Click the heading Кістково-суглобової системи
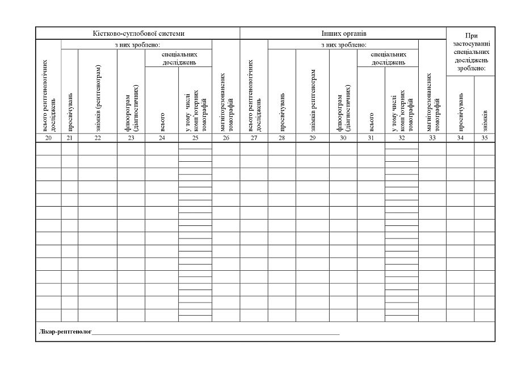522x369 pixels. tap(138, 33)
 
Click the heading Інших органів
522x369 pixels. tap(343, 33)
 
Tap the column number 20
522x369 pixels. tap(49, 137)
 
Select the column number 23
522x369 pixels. tap(131, 137)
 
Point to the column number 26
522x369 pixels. tap(226, 137)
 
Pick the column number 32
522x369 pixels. tap(402, 137)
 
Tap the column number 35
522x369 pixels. tap(484, 137)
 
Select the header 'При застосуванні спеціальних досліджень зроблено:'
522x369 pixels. tap(470, 52)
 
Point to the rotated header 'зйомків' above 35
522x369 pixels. tap(485, 119)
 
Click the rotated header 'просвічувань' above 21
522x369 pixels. tap(70, 111)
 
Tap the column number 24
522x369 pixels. tap(162, 137)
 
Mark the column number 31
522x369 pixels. tap(371, 137)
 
